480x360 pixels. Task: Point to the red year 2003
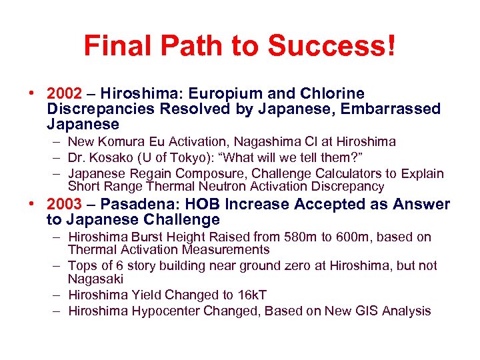(x=65, y=205)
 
